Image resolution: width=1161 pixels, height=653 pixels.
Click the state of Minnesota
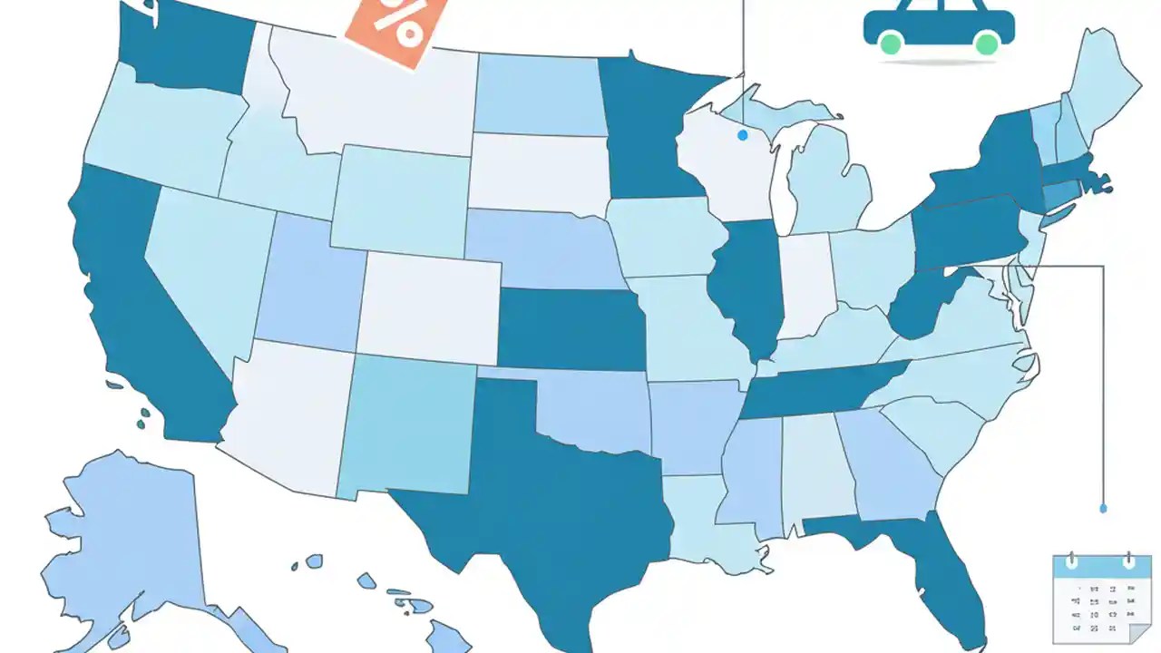[649, 127]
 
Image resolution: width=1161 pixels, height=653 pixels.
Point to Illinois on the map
[748, 281]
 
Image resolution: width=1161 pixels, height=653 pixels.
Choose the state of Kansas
[571, 331]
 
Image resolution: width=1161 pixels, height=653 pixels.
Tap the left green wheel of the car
[891, 43]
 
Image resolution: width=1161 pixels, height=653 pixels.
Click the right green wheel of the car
[987, 43]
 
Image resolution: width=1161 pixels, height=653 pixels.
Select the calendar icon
[1096, 599]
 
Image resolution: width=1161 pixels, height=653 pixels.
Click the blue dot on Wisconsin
[743, 135]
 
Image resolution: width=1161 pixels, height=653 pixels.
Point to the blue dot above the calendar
[1103, 509]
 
